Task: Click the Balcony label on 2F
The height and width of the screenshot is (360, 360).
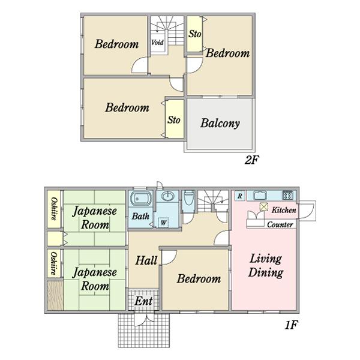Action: (x=220, y=123)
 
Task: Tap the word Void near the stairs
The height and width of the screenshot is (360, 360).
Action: (x=157, y=43)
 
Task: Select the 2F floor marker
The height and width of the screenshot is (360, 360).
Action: (x=251, y=160)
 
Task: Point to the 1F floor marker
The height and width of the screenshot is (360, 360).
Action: (x=291, y=325)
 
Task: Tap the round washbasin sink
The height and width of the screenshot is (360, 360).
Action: (x=168, y=196)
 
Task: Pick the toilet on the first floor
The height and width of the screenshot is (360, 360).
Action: (x=189, y=197)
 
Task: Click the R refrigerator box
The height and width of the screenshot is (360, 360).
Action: (x=240, y=196)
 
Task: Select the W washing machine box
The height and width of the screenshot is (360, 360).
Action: (x=163, y=223)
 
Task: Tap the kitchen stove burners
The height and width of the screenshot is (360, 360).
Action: (x=287, y=196)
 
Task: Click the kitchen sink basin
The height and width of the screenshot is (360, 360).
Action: (x=260, y=196)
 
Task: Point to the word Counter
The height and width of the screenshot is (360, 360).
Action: (x=280, y=224)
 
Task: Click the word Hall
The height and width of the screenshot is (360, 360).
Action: (x=146, y=260)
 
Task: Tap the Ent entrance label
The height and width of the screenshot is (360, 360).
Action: (x=143, y=301)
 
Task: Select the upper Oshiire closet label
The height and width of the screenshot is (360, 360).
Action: (x=54, y=209)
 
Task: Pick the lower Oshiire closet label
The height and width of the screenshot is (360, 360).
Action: (x=54, y=263)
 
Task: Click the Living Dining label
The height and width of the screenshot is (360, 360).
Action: (x=266, y=266)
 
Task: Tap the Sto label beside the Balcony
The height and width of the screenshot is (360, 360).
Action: (x=174, y=119)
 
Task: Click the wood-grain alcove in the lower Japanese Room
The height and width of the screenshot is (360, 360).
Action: (x=55, y=296)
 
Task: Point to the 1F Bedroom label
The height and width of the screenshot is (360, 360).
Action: (x=199, y=279)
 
